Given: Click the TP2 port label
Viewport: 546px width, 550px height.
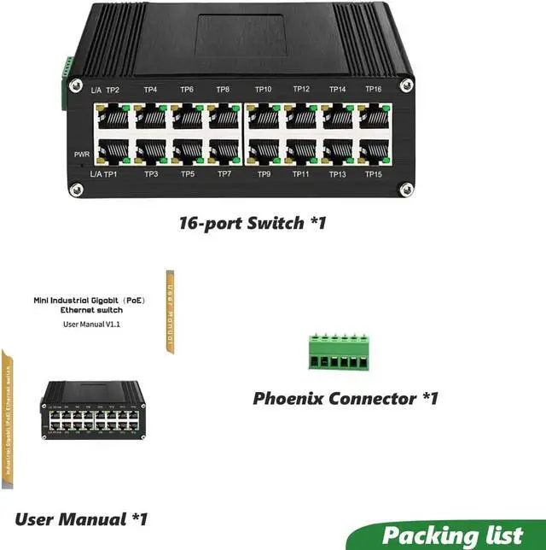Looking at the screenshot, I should [x=113, y=90].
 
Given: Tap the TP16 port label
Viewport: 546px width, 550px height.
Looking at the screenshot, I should [x=373, y=90].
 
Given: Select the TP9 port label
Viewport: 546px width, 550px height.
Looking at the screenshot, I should [x=264, y=174].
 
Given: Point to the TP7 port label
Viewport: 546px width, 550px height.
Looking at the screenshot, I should [x=224, y=174].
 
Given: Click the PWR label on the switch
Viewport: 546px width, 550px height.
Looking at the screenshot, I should [x=82, y=155].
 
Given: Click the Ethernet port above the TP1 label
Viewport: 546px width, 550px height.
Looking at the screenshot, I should [x=113, y=151].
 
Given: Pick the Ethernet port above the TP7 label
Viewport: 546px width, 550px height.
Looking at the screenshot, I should [x=224, y=151].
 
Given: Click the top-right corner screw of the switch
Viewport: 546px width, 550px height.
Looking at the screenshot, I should [x=409, y=84].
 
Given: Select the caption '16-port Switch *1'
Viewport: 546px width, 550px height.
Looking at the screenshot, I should [x=253, y=224].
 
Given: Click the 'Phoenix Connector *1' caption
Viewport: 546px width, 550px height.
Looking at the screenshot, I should [x=346, y=398].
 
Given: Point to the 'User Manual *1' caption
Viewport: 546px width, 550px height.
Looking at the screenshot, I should [x=81, y=518].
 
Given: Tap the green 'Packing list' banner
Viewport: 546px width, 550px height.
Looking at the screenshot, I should [x=452, y=535].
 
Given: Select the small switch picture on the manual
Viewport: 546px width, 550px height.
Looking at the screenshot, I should [x=90, y=409].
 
